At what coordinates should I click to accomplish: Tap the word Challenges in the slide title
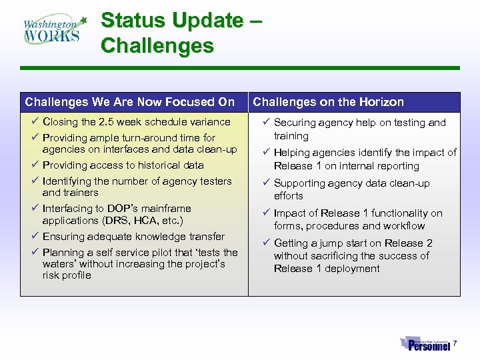click(157, 46)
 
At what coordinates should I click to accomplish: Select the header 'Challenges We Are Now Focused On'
click(130, 102)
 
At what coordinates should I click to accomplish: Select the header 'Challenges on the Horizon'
click(328, 102)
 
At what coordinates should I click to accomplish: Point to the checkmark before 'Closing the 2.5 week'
click(34, 122)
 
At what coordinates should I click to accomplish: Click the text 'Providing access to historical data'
click(123, 165)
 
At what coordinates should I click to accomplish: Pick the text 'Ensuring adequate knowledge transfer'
click(133, 237)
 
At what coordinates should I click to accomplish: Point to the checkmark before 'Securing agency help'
click(265, 123)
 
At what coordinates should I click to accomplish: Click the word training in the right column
click(291, 136)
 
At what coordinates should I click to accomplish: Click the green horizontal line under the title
click(240, 68)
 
